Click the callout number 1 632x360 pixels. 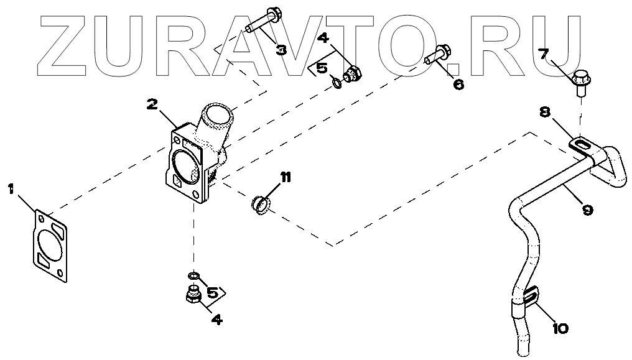[x=12, y=188]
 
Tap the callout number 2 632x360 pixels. [x=153, y=104]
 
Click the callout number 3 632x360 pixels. [x=281, y=49]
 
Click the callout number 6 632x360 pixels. [x=458, y=84]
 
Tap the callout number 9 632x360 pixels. [x=587, y=210]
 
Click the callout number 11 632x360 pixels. [x=285, y=178]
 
